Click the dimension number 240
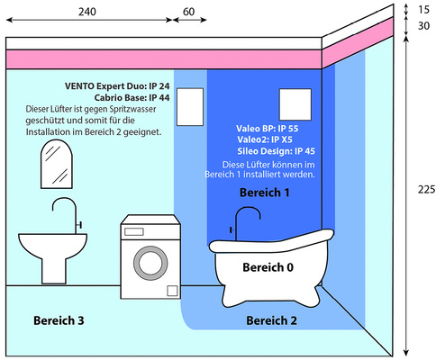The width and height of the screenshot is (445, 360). tap(87, 12)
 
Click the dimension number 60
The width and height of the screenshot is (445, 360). tap(188, 12)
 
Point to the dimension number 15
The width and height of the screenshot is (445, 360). tap(423, 10)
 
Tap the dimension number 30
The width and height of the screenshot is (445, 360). tap(423, 26)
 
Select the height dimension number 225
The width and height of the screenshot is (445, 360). tap(426, 189)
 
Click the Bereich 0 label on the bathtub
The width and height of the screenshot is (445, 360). tap(268, 267)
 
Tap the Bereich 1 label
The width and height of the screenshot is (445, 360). tap(265, 193)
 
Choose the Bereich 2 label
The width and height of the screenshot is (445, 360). tap(271, 320)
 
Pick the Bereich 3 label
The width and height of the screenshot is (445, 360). tap(59, 320)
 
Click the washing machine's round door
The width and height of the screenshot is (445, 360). tap(150, 263)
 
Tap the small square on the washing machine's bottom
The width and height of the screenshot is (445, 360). tap(172, 291)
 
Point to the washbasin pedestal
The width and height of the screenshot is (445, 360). tap(54, 270)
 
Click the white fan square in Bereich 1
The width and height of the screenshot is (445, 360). tap(295, 104)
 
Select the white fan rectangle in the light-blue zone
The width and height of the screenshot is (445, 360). tap(190, 107)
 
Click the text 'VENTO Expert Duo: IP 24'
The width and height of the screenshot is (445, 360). tap(117, 86)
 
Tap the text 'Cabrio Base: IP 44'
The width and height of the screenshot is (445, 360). tap(132, 98)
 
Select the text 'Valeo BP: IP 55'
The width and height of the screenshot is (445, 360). tap(268, 129)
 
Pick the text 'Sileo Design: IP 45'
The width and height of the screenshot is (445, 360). tap(277, 151)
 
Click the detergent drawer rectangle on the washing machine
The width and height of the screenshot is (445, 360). tap(134, 231)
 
